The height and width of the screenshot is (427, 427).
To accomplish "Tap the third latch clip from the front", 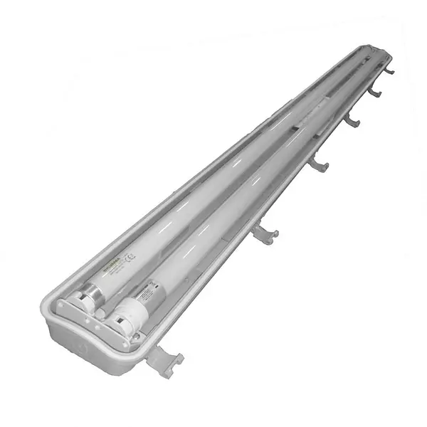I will (318, 165).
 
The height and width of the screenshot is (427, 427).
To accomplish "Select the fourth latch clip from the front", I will (351, 122).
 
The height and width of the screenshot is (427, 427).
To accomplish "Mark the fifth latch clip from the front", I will (374, 92).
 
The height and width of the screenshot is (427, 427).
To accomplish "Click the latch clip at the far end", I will (389, 70).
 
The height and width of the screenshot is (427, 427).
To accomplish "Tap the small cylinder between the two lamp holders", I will (100, 314).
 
